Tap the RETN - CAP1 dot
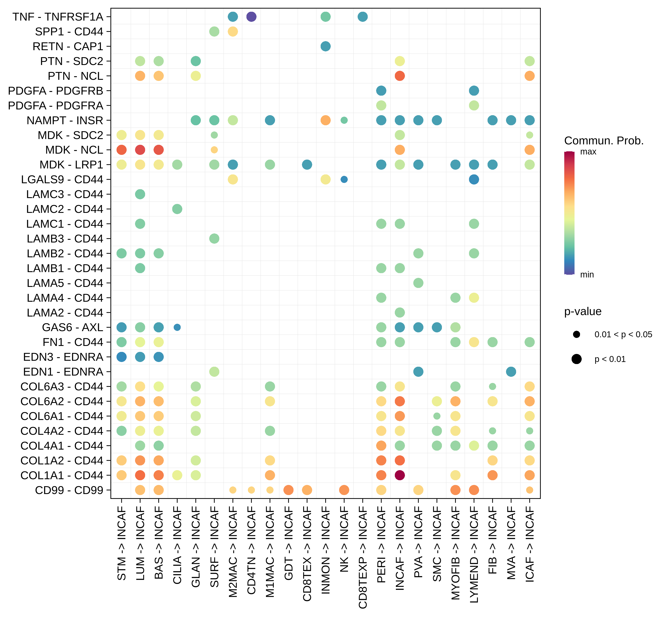[326, 46]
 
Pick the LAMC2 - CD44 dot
[177, 209]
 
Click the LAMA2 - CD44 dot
[400, 312]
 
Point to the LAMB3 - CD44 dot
[214, 239]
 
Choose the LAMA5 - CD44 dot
[418, 283]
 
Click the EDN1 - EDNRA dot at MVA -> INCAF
[511, 372]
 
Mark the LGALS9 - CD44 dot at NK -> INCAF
[344, 180]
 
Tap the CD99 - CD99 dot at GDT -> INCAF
[289, 490]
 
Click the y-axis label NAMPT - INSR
[65, 121]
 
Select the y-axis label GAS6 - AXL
[73, 328]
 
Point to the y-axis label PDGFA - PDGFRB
[56, 91]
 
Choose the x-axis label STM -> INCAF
[122, 543]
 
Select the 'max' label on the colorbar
[588, 152]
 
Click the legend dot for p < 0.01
[576, 359]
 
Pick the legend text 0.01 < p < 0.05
[623, 335]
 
